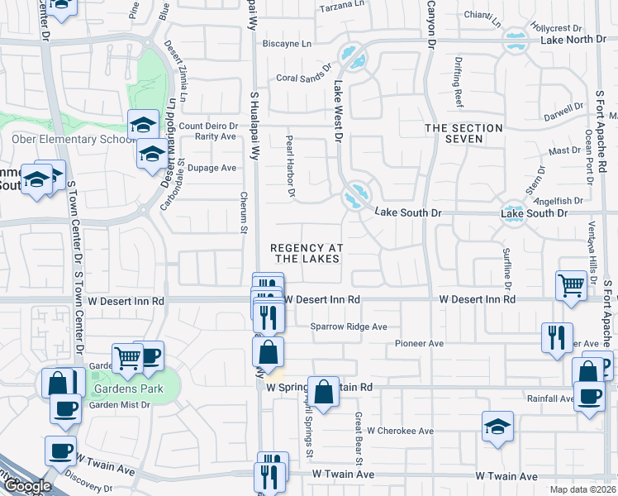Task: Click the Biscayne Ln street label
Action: [x=288, y=43]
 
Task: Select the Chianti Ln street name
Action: [x=483, y=16]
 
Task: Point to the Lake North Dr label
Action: [x=573, y=40]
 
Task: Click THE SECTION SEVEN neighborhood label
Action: [x=463, y=133]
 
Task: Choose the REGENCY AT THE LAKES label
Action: [x=307, y=253]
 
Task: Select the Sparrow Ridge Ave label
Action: [x=349, y=327]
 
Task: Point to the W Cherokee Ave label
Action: [x=401, y=431]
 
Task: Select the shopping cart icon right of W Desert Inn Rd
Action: [x=571, y=285]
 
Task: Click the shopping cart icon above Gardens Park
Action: [x=127, y=358]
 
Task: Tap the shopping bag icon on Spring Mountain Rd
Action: [x=324, y=392]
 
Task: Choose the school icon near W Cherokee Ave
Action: [x=497, y=427]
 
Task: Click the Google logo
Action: [x=26, y=485]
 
